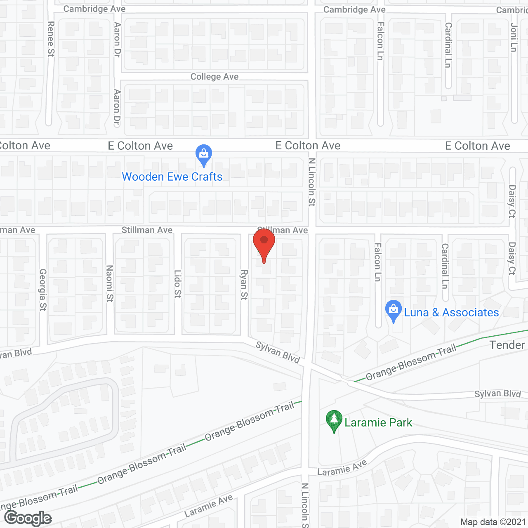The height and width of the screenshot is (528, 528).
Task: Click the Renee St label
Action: (x=51, y=39)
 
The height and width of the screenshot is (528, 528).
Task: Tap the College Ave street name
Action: (x=214, y=77)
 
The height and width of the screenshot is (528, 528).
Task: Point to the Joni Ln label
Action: (x=514, y=38)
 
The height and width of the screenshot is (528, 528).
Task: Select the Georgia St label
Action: (x=43, y=290)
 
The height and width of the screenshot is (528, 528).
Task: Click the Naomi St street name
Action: (x=110, y=283)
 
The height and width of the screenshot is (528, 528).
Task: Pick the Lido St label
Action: (x=178, y=284)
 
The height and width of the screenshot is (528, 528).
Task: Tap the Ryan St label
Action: (x=244, y=285)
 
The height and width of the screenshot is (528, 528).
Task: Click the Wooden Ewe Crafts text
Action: (x=172, y=177)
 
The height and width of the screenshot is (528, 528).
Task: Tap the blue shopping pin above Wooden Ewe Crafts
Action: (x=204, y=154)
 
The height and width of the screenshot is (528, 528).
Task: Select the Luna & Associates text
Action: (x=451, y=313)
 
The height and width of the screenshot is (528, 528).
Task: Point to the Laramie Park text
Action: (x=378, y=422)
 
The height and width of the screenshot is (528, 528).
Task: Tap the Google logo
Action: (x=28, y=518)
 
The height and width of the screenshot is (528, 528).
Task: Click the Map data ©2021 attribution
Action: (x=493, y=522)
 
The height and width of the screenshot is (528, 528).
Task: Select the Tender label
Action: (x=507, y=345)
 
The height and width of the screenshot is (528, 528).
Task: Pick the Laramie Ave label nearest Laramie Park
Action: (x=342, y=468)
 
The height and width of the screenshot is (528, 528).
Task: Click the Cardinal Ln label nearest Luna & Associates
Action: (x=445, y=266)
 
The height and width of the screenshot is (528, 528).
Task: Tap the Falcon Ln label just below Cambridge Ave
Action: (x=380, y=41)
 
